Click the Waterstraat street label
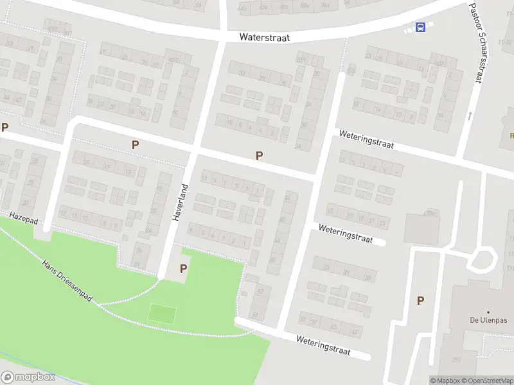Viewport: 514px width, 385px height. pos(264,37)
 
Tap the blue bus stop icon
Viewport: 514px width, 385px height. pos(420,27)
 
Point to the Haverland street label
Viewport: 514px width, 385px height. pos(180,203)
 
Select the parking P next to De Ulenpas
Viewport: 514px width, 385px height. pos(420,300)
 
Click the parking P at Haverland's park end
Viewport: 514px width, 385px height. pos(184,269)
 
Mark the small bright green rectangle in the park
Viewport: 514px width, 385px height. pos(162,314)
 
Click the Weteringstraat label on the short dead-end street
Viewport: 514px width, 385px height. pos(345,234)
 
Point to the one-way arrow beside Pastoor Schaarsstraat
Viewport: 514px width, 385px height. pos(470,116)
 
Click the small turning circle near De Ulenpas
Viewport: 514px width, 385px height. pos(483,261)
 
